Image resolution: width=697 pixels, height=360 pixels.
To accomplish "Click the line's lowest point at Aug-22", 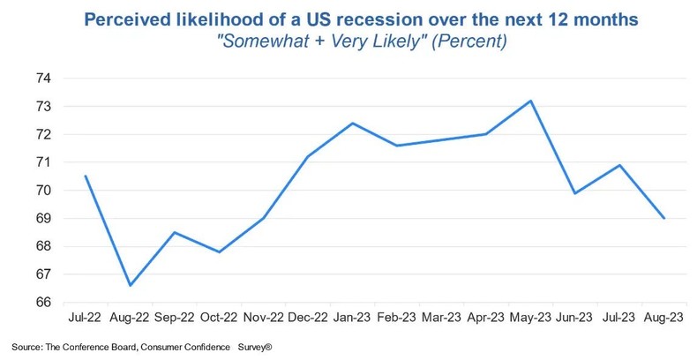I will coord(131,285).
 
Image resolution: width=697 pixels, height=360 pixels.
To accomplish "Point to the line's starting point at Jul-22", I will coord(86,176).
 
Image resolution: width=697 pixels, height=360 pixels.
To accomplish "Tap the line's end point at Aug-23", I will coord(664,218).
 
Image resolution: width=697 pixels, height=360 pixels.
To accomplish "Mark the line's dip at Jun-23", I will coord(575,193).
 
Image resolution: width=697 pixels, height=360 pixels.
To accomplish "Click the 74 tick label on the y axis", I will coord(44,79).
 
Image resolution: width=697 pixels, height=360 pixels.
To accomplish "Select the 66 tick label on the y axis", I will coord(44,303).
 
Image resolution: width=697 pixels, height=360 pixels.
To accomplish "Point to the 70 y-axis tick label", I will coord(44,191).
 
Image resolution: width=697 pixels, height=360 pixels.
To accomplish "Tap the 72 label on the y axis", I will coord(44,134).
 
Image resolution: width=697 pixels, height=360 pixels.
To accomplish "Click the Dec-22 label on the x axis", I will coord(308,316).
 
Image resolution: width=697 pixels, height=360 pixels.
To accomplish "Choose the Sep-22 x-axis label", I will coord(175,316).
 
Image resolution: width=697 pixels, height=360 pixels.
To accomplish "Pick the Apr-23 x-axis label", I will coord(486,316).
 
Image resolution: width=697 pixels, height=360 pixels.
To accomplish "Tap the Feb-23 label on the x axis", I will coord(397,316).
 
